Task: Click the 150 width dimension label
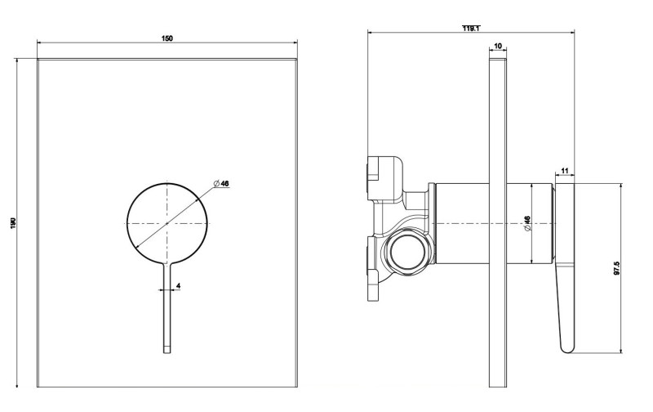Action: pos(167,38)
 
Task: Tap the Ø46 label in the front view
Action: pos(220,184)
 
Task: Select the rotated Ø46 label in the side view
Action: pos(527,223)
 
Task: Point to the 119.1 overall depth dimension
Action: pos(471,29)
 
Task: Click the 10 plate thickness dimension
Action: pos(498,48)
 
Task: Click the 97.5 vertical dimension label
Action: pos(617,267)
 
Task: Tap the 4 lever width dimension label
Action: pos(178,285)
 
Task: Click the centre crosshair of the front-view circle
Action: pos(167,222)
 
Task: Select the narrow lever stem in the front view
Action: pos(167,311)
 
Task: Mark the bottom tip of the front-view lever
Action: pos(167,352)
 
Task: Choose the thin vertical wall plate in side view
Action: pos(498,221)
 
